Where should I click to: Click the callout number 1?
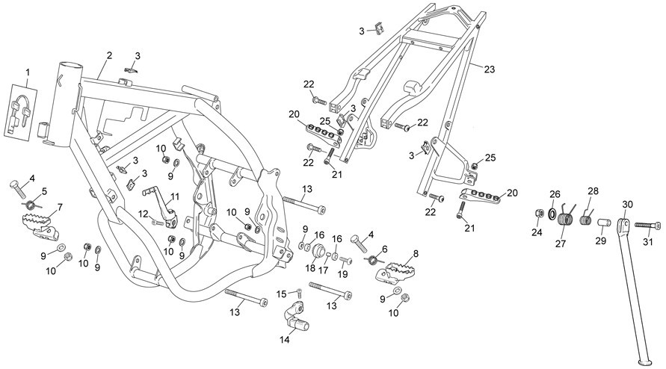28,72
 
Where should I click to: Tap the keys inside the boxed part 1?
19,114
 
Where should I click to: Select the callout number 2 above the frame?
110,55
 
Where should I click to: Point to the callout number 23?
490,69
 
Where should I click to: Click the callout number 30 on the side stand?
627,204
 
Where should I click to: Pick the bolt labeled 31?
648,226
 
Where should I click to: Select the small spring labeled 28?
586,220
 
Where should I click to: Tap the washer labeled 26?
552,214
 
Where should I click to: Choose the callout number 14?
285,339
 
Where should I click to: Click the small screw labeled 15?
299,292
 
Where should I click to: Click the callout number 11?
175,196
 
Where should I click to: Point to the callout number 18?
310,268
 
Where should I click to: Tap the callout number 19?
342,275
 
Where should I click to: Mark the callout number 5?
45,191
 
